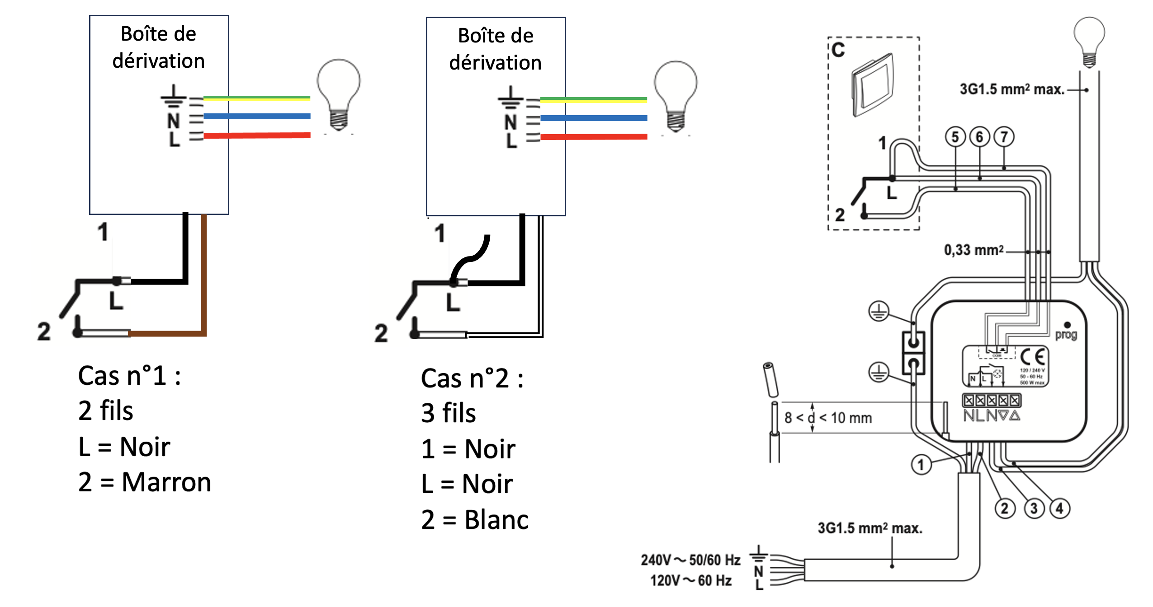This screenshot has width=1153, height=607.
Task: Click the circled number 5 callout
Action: [955, 137]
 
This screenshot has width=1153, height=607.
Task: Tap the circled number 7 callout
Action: [1004, 137]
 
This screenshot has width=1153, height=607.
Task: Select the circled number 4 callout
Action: [1059, 508]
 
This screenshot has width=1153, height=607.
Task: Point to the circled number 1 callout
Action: [921, 465]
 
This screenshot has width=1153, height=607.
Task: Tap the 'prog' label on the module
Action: [1066, 335]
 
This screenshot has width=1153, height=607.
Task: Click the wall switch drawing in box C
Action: [873, 85]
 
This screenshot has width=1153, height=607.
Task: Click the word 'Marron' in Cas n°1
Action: [166, 482]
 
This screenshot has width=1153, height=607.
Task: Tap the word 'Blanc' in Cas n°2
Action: [496, 520]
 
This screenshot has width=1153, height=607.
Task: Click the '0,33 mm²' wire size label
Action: [973, 250]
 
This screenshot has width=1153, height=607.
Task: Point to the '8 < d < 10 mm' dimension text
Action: [828, 418]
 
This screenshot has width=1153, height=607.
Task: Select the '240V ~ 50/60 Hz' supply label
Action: [690, 560]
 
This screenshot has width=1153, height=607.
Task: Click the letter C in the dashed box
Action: [838, 50]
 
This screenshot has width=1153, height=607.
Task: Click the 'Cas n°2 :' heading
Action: [472, 378]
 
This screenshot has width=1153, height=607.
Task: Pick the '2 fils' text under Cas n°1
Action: [106, 411]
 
